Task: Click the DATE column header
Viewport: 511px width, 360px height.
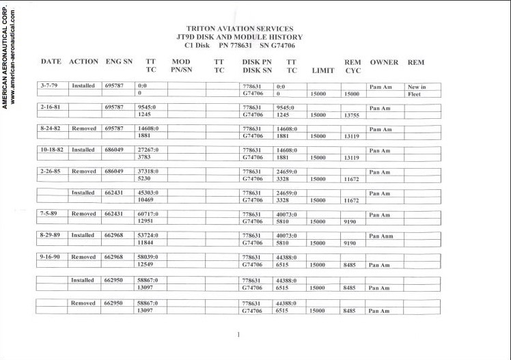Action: click(51, 62)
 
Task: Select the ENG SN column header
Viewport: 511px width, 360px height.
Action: click(119, 62)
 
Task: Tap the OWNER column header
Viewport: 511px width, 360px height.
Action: click(384, 62)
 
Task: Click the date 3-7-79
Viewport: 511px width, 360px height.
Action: click(49, 86)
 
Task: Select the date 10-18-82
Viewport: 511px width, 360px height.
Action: click(52, 150)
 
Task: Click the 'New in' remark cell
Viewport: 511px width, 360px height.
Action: click(416, 87)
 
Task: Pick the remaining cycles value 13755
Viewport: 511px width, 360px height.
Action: click(353, 115)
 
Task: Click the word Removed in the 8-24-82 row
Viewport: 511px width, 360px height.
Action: click(83, 128)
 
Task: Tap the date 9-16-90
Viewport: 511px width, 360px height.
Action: click(51, 257)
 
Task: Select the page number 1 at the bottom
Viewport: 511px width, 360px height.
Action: click(238, 335)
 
